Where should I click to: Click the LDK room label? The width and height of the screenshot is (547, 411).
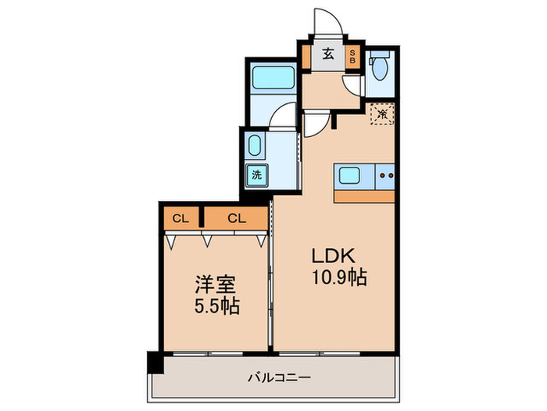335,255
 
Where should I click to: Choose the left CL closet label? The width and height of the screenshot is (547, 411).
181,218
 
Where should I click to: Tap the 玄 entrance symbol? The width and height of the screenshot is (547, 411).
329,55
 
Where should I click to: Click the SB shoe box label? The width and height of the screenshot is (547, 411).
352,56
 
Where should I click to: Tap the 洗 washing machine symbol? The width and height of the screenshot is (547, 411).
256,175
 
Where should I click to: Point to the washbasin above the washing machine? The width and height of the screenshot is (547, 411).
256,146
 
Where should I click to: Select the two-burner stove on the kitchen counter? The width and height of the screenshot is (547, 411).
384,175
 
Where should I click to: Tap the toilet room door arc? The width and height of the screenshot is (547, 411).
353,85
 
